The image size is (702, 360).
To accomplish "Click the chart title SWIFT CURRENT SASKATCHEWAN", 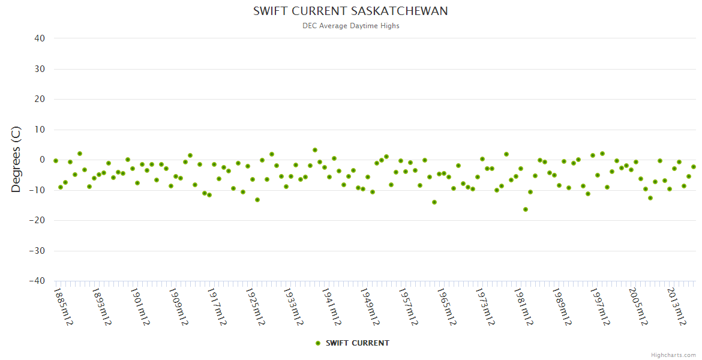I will click(x=350, y=11).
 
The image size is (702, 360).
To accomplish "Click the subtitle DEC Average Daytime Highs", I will click(x=350, y=26).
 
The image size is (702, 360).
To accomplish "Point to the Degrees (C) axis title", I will click(x=16, y=160).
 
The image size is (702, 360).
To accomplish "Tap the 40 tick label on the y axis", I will click(x=40, y=38).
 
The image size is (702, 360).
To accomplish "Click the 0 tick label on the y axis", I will click(x=42, y=160).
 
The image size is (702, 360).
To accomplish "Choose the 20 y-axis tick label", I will click(x=40, y=99).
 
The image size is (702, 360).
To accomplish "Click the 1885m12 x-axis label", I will click(x=63, y=307).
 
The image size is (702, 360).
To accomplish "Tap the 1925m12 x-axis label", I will click(x=255, y=307).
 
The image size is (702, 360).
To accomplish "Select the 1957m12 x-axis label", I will click(x=409, y=307).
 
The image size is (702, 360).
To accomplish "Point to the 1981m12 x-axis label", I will click(x=524, y=307).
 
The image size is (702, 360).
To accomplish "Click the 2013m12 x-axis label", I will click(x=677, y=307).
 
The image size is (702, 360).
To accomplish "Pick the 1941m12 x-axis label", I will click(x=332, y=307).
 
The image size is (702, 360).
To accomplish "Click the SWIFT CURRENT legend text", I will click(x=357, y=343).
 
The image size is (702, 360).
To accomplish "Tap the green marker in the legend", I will click(x=318, y=343).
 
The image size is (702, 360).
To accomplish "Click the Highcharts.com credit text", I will click(x=673, y=355).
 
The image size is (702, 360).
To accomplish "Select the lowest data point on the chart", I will click(x=526, y=209).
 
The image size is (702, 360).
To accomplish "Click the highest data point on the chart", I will click(x=315, y=150).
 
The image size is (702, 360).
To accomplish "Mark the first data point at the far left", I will click(x=56, y=161).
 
